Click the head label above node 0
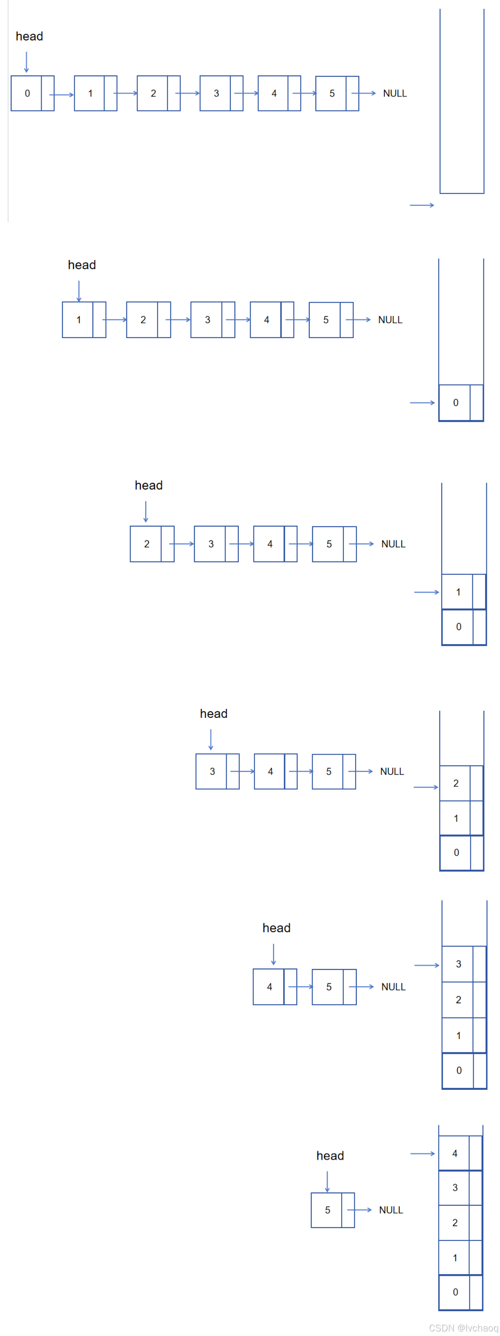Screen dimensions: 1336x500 point(29,36)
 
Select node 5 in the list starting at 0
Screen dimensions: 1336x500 point(336,93)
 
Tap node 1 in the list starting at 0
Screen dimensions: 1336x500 point(95,93)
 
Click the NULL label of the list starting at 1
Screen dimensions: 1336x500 point(390,320)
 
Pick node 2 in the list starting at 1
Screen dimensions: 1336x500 point(148,320)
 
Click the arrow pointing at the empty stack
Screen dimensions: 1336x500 point(422,205)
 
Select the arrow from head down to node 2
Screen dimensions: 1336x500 point(145,511)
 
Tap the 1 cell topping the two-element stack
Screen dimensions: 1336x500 point(463,592)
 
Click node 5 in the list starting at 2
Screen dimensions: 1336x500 point(334,544)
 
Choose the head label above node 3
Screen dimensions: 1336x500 point(213,714)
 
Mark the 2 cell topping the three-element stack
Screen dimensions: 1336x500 point(461,783)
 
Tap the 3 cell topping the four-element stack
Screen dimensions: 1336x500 point(464,964)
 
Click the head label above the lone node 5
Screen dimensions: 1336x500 point(330,1155)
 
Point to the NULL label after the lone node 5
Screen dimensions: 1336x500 point(391,1210)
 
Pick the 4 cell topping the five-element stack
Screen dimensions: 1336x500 point(460,1153)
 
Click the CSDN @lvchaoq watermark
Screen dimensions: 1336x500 point(463,1328)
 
